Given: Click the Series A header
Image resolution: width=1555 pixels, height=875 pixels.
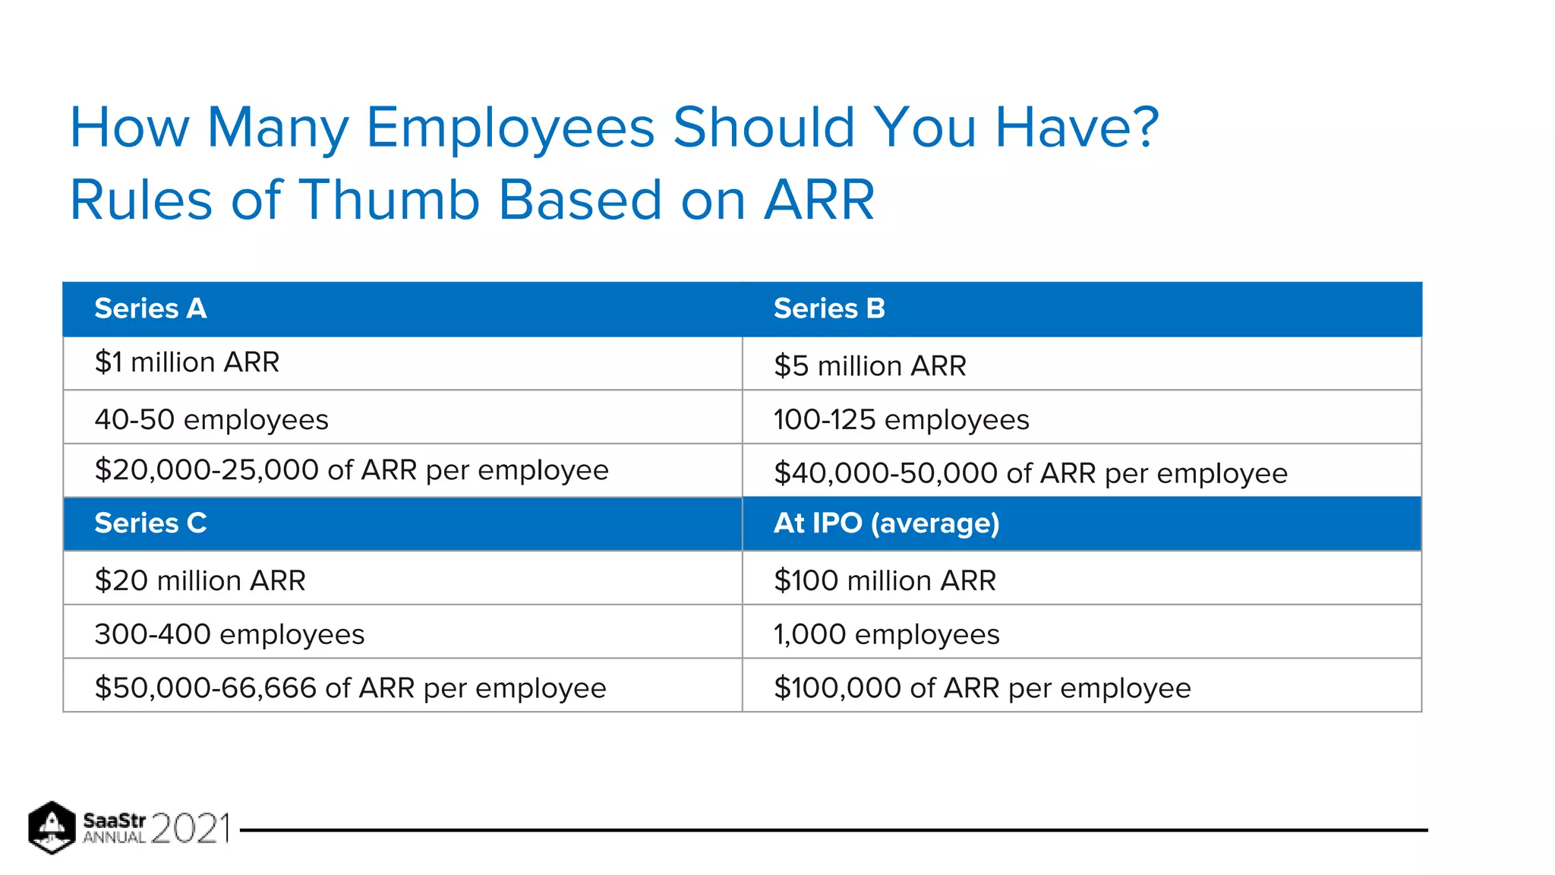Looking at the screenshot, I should coord(150,308).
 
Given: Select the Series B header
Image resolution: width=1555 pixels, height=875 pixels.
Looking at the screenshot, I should coord(829,308).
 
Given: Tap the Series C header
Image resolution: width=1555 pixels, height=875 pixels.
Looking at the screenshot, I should coord(150,523).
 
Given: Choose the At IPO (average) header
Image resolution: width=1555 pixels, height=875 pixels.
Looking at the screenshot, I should coord(886,523).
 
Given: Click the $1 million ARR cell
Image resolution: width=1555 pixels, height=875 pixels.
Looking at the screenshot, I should coord(187,362).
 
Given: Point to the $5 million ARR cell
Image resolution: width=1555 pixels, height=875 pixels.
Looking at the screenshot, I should coord(869,366).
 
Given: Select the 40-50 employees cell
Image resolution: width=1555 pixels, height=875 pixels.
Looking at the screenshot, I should coord(211,419).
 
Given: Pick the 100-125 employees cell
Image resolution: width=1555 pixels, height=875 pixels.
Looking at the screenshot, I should coord(901,419).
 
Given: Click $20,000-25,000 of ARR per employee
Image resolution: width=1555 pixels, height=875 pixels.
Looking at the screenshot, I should coord(352,470).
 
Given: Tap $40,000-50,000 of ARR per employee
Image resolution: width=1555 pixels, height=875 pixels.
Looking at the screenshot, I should coord(1030,473).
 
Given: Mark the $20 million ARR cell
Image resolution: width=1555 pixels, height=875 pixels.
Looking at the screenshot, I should coord(200,580).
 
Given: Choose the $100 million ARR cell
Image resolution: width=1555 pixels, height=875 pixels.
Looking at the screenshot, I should coord(885,580).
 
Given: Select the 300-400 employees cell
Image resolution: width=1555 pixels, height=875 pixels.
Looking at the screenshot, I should coord(229,634).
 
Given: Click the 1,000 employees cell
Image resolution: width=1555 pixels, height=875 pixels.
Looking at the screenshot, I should coord(886,634).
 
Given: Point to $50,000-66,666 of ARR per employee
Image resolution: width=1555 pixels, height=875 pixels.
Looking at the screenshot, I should coord(350,688).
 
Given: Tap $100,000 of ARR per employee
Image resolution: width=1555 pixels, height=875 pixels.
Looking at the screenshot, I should coord(982,688).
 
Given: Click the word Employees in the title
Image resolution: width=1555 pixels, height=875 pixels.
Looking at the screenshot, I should coord(510,128).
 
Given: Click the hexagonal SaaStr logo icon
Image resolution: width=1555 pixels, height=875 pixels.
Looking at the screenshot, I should coord(52,827).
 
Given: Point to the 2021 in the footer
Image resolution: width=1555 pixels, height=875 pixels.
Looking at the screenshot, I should coord(191,828).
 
